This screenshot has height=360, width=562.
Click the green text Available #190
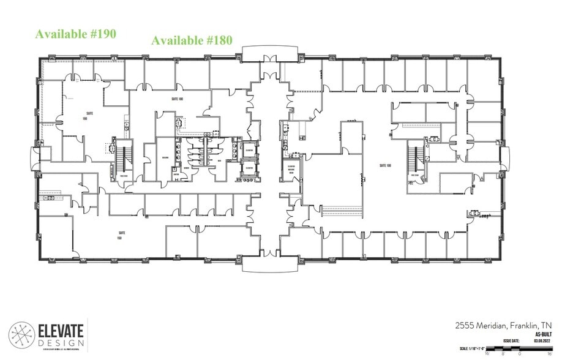click(75, 34)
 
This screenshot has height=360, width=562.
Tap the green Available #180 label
click(192, 40)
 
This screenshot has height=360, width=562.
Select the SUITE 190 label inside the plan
click(89, 115)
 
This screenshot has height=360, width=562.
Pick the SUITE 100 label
click(384, 165)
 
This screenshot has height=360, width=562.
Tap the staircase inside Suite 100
click(416, 159)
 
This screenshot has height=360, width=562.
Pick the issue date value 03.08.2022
click(542, 342)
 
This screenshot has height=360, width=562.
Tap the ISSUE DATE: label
click(512, 342)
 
